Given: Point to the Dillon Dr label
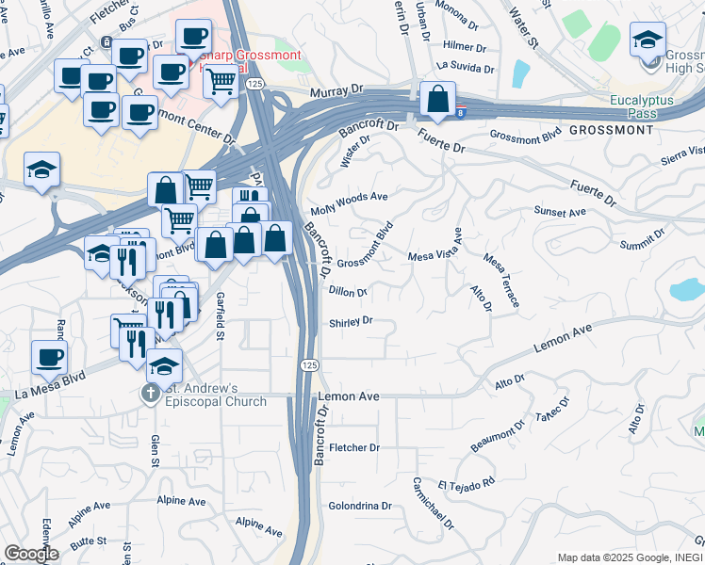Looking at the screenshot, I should coord(348,292).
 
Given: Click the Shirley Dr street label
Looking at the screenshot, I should coord(352,322).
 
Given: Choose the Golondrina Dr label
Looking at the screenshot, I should coord(359,506).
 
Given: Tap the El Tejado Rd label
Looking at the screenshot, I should coord(466,483).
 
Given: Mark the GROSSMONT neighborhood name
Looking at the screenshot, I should coord(611,130).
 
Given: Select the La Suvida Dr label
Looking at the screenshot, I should coord(466,67).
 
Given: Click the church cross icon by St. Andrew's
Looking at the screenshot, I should coord(150,394).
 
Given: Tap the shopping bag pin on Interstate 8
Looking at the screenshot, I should coord(438,98).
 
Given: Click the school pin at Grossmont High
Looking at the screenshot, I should coord(648,40).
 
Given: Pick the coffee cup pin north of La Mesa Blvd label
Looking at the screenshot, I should coord(50,358).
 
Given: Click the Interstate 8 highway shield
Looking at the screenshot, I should coord(460,113).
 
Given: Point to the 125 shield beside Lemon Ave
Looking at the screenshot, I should coord(309,364).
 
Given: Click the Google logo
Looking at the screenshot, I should coord(31,554).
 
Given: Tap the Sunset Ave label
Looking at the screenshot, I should coord(560,213).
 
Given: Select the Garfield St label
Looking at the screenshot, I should coord(220,315).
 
